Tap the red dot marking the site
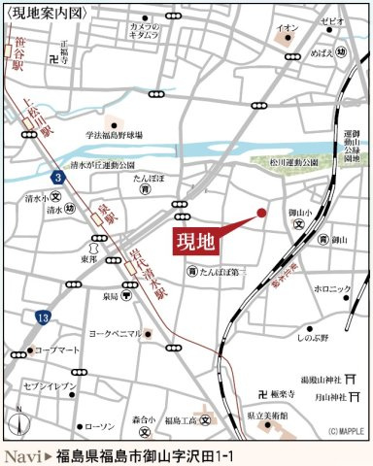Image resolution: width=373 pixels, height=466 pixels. click(x=261, y=212)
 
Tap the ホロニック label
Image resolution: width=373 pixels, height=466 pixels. click(x=331, y=289)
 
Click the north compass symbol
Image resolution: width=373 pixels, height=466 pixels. click(x=17, y=421)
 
